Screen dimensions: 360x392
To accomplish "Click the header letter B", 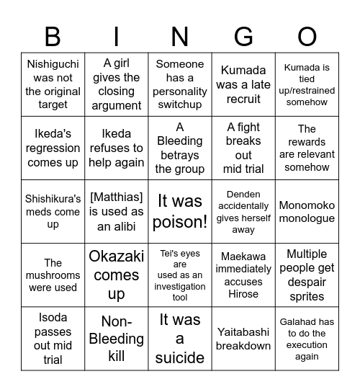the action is coord(53,36).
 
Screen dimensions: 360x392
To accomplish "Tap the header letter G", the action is coord(243,36).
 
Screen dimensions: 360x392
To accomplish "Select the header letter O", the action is coord(307,36).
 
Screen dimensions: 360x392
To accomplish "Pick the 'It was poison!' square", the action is coord(180,212).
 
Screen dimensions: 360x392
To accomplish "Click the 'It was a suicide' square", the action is coord(180,339).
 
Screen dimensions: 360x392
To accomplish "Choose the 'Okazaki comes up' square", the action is coord(117,275).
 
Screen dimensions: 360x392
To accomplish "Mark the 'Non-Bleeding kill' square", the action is coord(117,339).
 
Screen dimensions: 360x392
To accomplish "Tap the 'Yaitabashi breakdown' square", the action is coord(243,339).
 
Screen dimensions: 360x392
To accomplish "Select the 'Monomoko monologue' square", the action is coord(307,212).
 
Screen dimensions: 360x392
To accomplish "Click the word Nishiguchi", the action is coord(53,63).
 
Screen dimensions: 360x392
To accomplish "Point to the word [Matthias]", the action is coord(117,198).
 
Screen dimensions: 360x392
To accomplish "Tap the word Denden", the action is coord(243,194).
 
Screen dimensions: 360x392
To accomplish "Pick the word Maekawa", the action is coord(243,256).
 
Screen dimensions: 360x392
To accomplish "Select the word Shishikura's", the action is coord(53,198).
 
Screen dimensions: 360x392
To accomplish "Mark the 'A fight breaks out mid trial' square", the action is coord(243,148).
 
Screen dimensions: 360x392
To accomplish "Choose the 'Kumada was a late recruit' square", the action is coord(243,85).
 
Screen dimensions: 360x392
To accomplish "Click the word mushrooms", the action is coord(53,275).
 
